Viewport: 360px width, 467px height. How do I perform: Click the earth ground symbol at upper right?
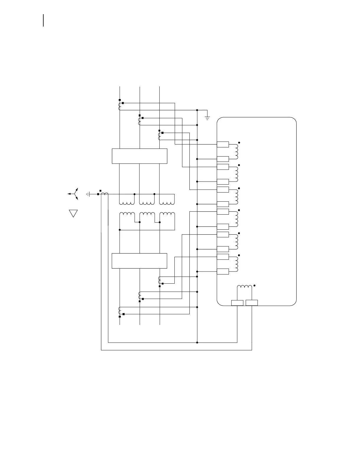coord(207,118)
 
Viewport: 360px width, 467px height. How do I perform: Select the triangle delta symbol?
coord(73,213)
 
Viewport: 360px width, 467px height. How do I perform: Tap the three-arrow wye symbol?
coord(74,194)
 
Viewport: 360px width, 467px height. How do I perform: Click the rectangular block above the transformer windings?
coord(140,156)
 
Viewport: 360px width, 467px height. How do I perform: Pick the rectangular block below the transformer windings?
coord(139,261)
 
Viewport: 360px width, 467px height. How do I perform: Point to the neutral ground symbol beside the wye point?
coord(88,194)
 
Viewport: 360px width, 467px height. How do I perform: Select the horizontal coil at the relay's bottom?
coord(245,287)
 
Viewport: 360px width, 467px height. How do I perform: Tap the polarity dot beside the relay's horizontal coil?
coord(254,285)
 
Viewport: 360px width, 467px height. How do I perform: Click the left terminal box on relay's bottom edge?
coord(237,303)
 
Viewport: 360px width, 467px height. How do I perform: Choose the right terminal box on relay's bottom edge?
coord(252,303)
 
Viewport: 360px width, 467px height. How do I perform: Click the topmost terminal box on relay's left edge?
coord(223,144)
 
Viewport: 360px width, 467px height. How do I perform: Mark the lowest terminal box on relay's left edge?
coord(223,272)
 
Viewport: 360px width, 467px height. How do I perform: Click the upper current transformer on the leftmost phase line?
coord(120,106)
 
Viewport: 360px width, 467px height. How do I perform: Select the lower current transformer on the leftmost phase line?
coord(120,311)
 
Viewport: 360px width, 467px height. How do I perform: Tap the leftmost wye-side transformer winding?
coord(127,203)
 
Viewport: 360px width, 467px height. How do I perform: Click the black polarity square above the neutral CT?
coord(100,190)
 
